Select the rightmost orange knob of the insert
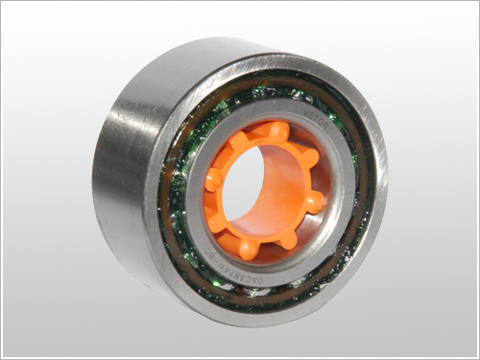point(315,203)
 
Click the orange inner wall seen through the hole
point(278,192)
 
